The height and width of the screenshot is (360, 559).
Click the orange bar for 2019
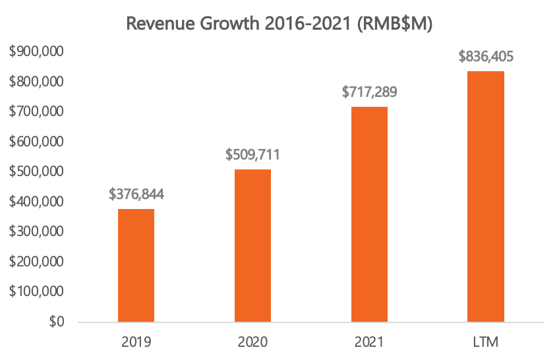(x=136, y=266)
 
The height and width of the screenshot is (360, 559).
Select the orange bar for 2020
(x=252, y=246)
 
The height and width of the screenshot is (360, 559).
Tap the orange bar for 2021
(x=369, y=214)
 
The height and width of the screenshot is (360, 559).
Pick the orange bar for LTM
(x=486, y=196)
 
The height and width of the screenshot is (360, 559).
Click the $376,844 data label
(x=136, y=195)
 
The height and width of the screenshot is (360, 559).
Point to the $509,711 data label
(x=252, y=155)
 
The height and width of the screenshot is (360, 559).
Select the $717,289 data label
(x=369, y=92)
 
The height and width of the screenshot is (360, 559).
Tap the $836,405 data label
(x=486, y=56)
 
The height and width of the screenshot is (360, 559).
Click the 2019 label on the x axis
(x=136, y=342)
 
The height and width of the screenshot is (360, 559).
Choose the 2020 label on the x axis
(x=252, y=342)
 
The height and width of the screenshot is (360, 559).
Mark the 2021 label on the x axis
(x=369, y=342)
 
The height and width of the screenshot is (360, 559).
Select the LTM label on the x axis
(x=486, y=342)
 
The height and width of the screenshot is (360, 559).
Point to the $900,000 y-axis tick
(x=37, y=52)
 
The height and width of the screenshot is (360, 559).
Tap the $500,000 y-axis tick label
(x=37, y=172)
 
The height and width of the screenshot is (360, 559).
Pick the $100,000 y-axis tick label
(x=37, y=292)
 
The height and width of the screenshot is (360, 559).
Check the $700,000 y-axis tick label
(x=37, y=112)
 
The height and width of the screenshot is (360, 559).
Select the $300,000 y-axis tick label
(x=37, y=232)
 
